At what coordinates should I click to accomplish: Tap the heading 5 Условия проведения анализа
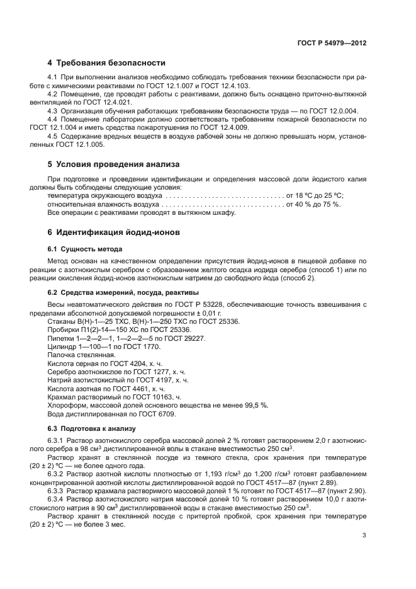(113, 164)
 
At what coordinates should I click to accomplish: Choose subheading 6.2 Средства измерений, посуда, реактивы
(123, 292)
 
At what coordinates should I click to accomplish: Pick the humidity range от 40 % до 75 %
(313, 205)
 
